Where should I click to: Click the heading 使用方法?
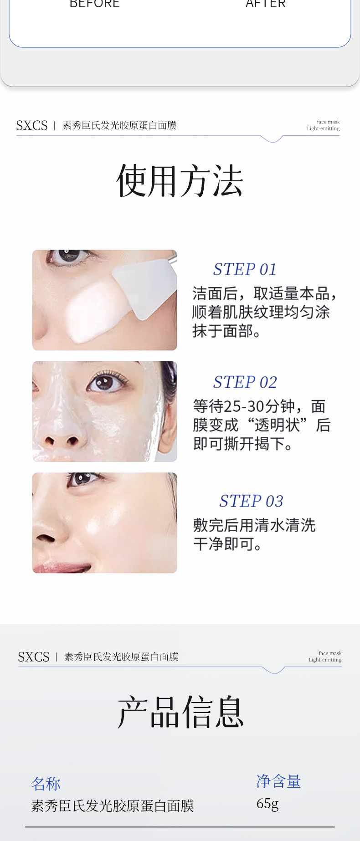180,181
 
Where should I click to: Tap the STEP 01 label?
245,269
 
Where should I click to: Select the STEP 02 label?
245,382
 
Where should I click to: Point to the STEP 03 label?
251,501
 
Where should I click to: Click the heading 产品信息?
181,712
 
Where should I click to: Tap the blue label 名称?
46,784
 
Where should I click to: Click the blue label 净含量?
278,781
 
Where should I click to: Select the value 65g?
267,804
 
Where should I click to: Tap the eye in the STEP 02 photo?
106,382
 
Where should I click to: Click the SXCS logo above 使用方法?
32,125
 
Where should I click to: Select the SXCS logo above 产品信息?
34,657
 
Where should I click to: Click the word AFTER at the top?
266,4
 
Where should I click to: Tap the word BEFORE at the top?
94,4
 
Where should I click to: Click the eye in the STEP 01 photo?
68,256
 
